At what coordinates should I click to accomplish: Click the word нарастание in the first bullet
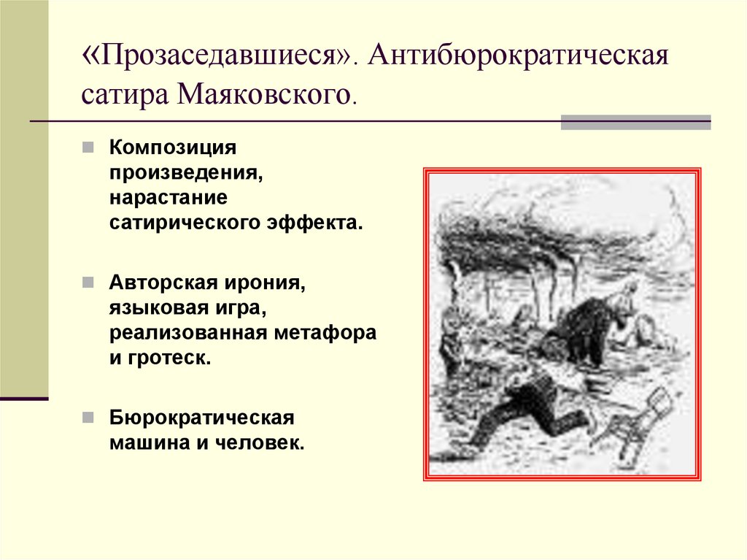tap(169, 197)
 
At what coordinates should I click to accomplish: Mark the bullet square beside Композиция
tap(88, 147)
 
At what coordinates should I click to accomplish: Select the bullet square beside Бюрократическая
tap(88, 418)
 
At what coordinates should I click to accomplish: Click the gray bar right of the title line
tap(635, 122)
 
